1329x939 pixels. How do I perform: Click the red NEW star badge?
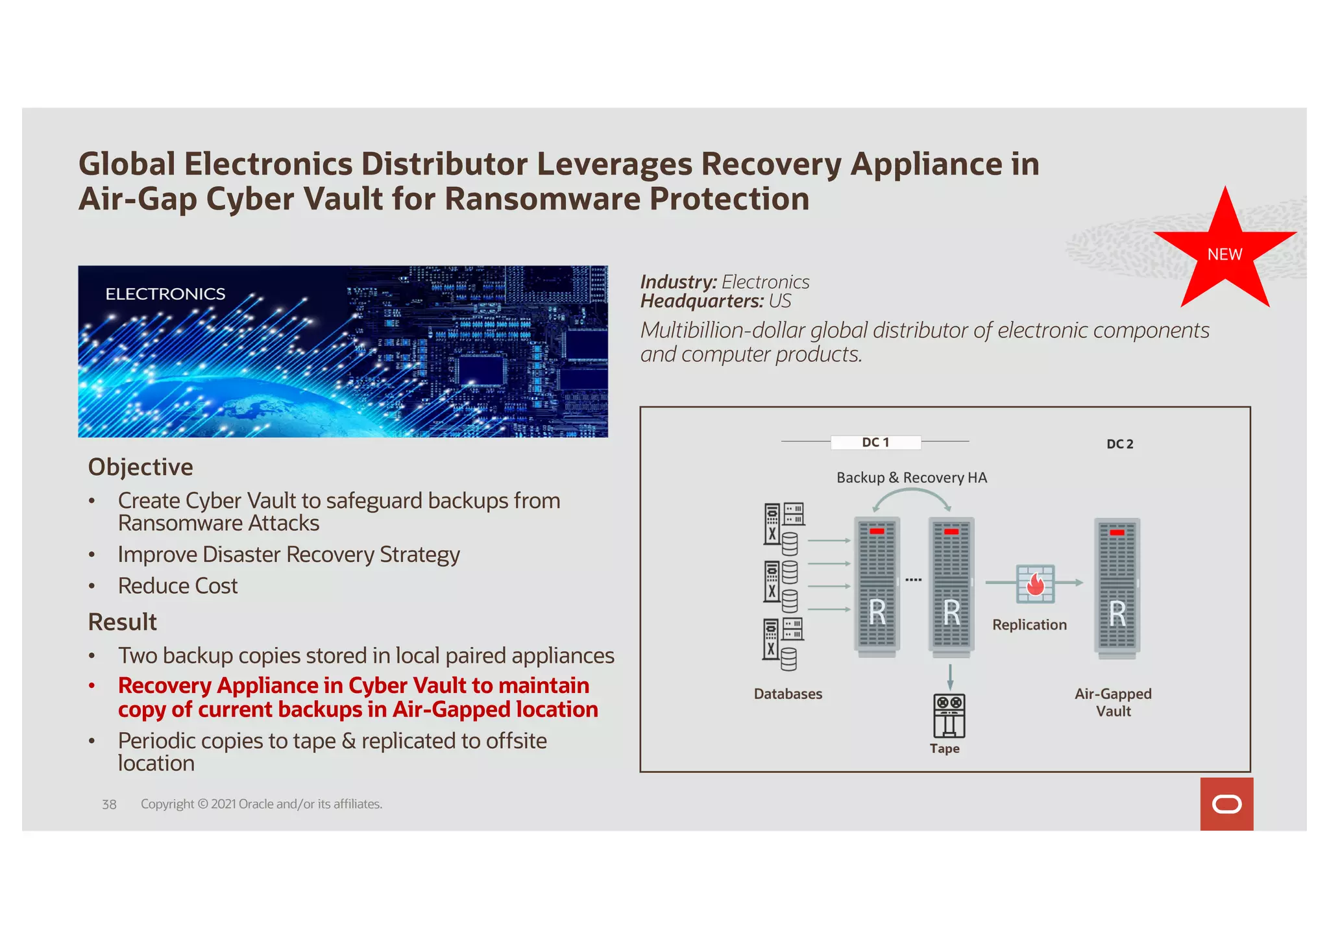1225,254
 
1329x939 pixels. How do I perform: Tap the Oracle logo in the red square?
1226,805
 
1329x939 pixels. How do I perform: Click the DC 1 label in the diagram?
875,443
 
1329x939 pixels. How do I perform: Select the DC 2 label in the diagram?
1119,444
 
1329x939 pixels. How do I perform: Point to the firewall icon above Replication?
1035,583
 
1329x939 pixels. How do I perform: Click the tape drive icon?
949,716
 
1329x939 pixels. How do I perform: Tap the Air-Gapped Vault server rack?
1117,587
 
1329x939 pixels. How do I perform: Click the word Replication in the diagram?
1029,625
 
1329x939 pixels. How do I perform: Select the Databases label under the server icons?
788,694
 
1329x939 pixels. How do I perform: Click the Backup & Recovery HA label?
911,478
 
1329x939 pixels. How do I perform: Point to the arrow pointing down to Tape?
950,677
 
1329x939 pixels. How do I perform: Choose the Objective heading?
140,467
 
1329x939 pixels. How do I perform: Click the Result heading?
122,622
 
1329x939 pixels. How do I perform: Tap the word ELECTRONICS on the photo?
165,294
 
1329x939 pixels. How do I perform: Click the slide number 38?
109,805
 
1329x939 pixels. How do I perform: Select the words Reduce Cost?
177,586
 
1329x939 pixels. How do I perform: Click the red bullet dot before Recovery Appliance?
92,686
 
